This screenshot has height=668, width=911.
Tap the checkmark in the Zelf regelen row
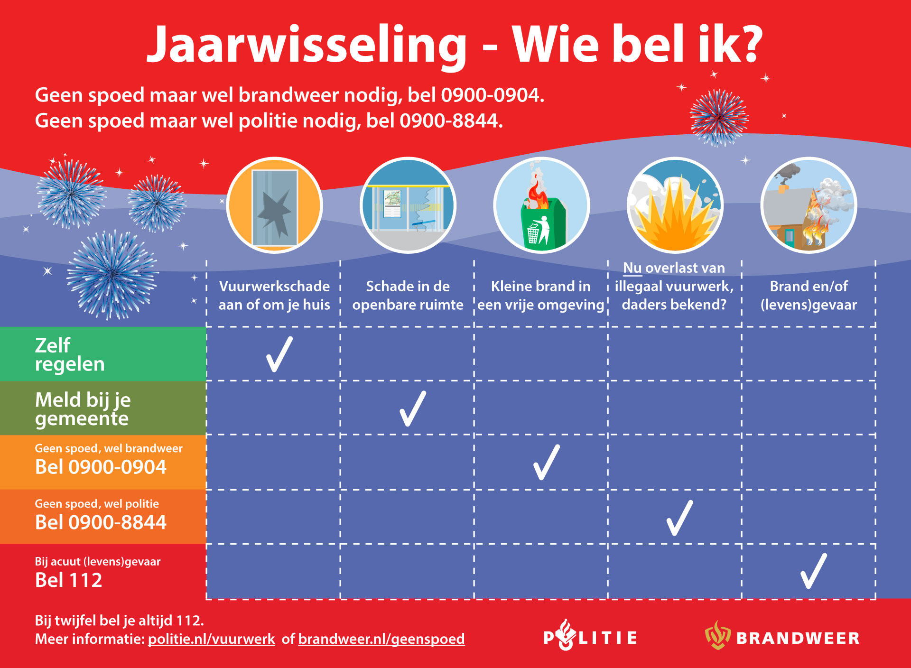[279, 354]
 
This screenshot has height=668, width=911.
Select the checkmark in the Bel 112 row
[813, 571]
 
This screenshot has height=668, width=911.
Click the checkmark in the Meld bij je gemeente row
[412, 408]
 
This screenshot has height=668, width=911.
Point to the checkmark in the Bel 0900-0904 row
[546, 462]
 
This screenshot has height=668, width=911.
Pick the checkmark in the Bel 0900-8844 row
[679, 518]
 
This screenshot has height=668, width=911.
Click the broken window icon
[274, 205]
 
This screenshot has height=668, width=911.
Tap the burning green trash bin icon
[541, 205]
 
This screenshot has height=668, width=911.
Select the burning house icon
[809, 205]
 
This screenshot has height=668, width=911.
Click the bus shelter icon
[408, 205]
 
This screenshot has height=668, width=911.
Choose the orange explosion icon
[675, 205]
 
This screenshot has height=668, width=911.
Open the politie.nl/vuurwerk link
[212, 639]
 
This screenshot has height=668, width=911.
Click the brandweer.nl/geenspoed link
[381, 639]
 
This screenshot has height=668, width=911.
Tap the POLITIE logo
[590, 635]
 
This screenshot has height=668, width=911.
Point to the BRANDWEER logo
[782, 636]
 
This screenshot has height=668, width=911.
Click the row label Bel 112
[69, 580]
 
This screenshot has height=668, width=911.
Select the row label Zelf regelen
[70, 354]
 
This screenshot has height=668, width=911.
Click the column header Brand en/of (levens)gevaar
[809, 295]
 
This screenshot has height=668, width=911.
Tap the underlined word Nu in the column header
[632, 268]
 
